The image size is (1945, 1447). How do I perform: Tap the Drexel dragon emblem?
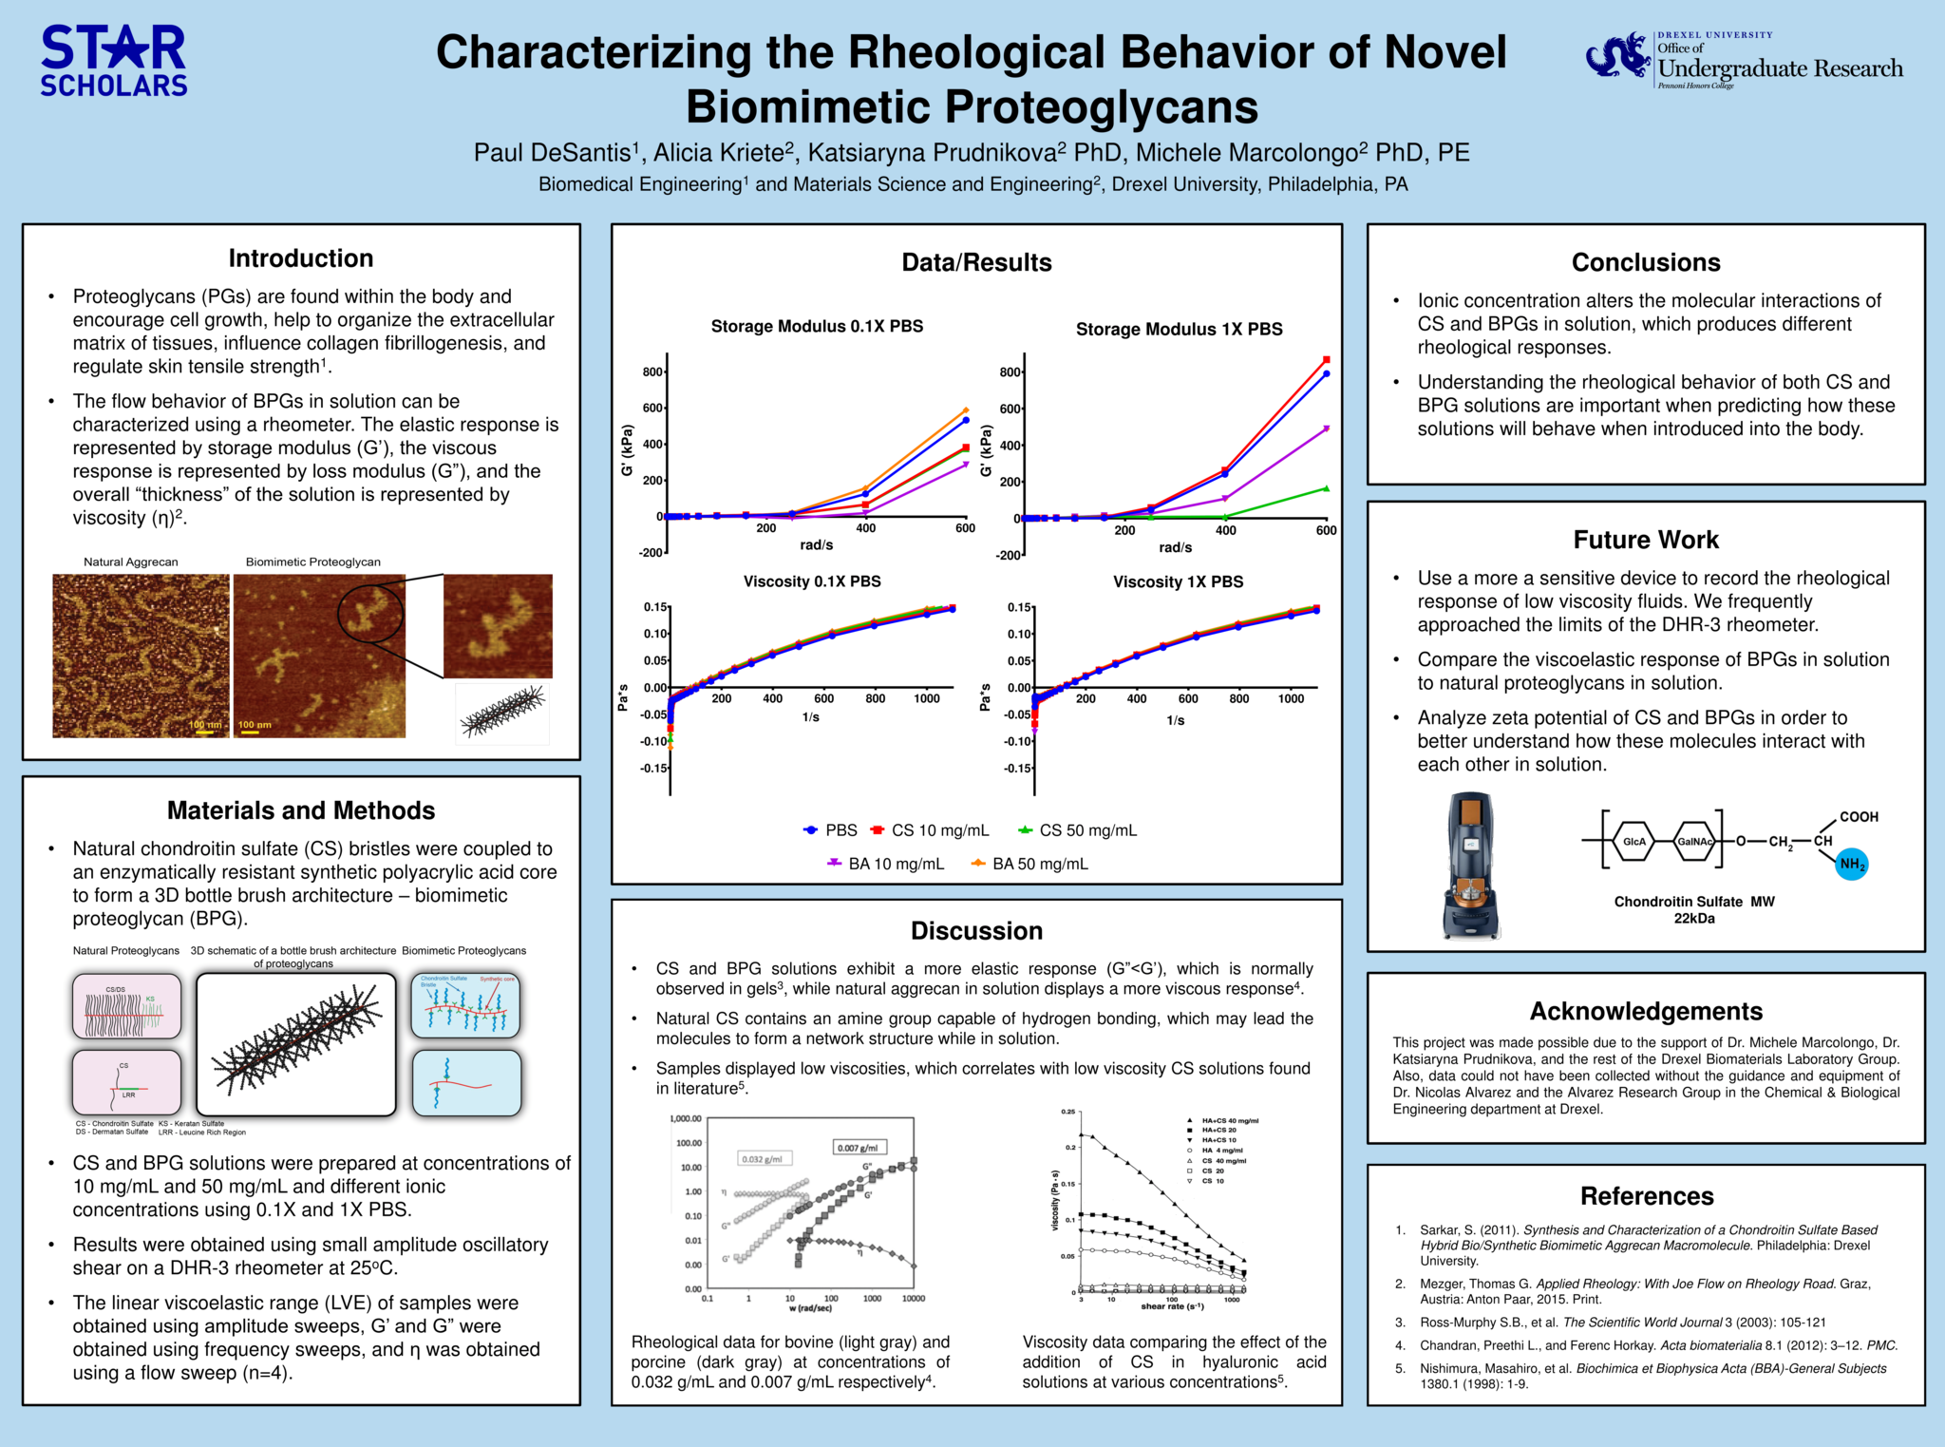click(1618, 57)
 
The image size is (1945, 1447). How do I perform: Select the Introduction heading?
click(301, 258)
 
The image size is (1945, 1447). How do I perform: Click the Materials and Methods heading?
click(301, 810)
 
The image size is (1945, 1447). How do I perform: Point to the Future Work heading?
click(1646, 540)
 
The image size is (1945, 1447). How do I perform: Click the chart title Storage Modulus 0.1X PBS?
click(817, 327)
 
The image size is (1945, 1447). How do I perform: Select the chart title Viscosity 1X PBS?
click(1178, 581)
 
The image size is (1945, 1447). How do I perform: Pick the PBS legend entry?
click(831, 830)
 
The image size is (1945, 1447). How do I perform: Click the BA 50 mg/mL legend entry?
click(1029, 864)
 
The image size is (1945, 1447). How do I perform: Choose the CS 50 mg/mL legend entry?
click(1077, 830)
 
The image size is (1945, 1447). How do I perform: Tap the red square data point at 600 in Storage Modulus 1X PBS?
click(1327, 360)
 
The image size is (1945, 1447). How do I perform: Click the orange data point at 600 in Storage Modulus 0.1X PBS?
click(966, 410)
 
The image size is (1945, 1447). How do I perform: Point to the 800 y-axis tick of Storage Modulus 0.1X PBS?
click(652, 371)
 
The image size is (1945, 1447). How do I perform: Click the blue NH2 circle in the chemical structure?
click(1851, 864)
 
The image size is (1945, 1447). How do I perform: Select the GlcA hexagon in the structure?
click(1633, 842)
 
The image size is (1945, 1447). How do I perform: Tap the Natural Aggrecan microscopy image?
click(141, 656)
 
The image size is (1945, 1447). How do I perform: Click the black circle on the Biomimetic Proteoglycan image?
click(370, 614)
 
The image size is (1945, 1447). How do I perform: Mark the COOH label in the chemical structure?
click(1859, 817)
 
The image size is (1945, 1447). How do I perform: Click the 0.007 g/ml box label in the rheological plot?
click(860, 1148)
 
